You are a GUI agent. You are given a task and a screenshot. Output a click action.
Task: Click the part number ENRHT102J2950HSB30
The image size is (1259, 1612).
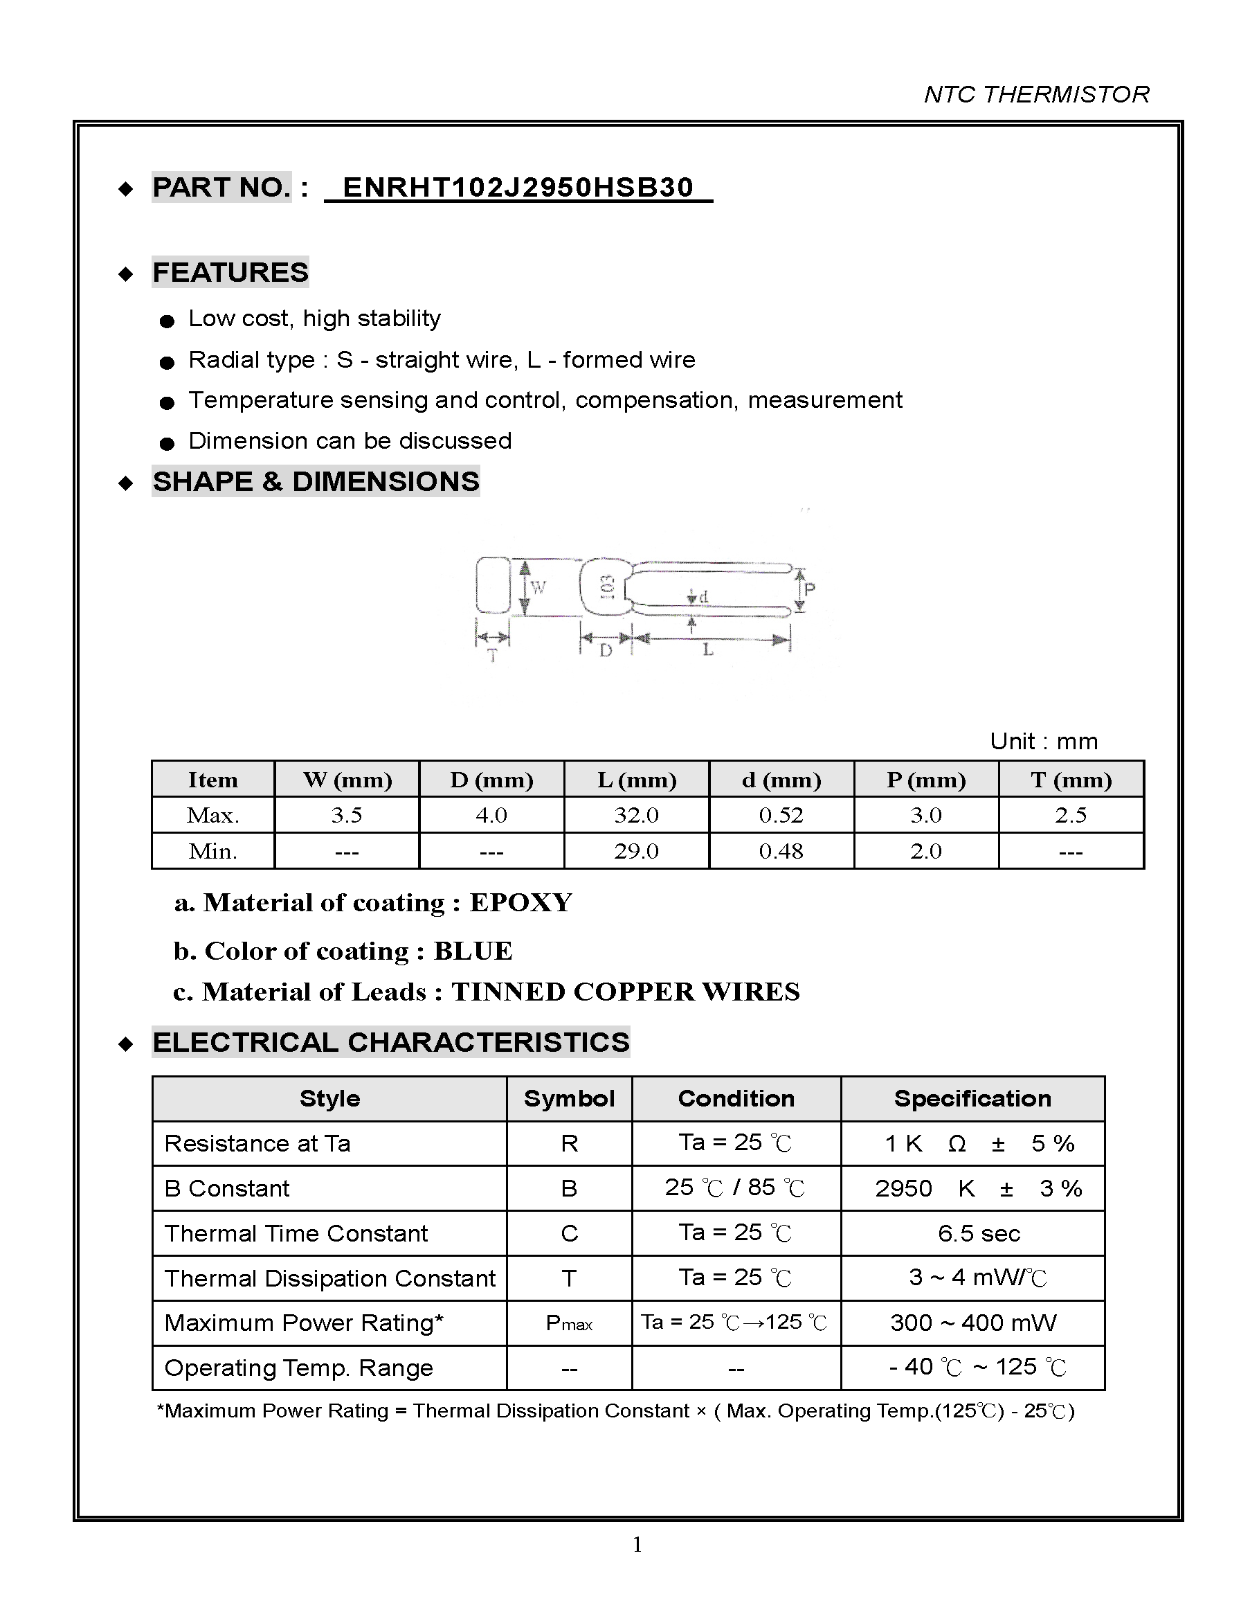coord(518,188)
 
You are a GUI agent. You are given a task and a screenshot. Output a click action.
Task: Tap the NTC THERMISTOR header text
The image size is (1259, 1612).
coord(1036,94)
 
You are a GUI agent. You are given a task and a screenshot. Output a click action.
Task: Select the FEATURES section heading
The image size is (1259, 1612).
coord(230,272)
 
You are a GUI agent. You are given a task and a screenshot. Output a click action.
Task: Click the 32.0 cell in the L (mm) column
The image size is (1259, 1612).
coord(636,815)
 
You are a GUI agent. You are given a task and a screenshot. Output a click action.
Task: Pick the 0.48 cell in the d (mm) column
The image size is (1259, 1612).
coord(781,851)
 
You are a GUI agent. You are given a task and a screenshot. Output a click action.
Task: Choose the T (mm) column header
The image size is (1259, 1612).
coord(1071,780)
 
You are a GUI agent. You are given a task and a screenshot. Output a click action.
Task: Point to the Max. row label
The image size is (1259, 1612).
coord(212,815)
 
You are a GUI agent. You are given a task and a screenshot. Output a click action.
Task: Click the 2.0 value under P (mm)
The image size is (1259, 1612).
coord(925,851)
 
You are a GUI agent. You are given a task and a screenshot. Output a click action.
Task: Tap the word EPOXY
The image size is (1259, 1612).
coord(521,903)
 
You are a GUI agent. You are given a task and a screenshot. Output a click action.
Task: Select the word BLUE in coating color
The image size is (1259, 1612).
coord(473,951)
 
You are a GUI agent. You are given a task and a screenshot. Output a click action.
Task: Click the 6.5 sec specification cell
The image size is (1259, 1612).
coord(979,1233)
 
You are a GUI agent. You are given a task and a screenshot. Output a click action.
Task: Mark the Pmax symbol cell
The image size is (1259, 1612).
coord(568,1323)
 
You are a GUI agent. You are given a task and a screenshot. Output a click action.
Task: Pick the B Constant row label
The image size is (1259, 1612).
coord(227,1188)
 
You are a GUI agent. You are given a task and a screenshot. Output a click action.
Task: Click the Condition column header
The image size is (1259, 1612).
coord(736,1098)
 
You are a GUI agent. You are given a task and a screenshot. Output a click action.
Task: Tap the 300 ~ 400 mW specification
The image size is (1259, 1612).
coord(972,1323)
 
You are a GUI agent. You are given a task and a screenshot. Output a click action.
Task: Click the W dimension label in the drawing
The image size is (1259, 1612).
coord(538,586)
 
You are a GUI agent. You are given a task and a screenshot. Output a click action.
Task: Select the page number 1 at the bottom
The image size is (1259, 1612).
coord(637,1545)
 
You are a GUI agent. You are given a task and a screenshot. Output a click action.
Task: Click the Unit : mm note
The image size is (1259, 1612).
coord(1044,741)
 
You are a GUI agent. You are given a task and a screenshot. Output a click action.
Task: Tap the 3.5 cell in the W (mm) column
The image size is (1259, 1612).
coord(346,815)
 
